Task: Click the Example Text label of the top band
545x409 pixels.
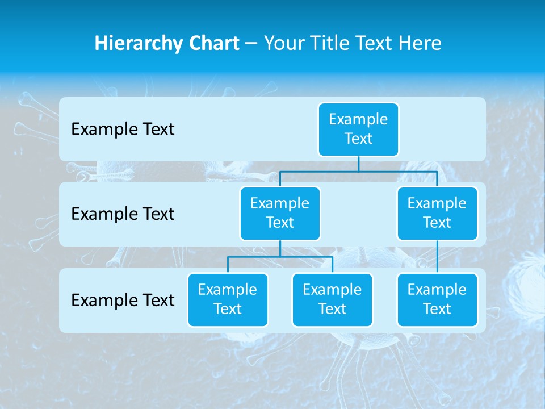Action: [x=123, y=129]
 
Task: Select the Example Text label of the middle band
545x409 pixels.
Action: [x=123, y=214]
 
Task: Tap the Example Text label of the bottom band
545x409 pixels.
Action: [x=123, y=300]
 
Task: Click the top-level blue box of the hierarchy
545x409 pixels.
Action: [x=358, y=129]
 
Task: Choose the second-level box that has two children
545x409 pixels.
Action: [x=280, y=213]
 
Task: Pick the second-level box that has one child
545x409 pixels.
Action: [x=437, y=213]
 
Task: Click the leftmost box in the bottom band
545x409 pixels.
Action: [x=228, y=299]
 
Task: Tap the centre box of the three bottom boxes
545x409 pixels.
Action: [x=332, y=299]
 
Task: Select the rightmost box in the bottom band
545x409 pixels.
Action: [x=437, y=299]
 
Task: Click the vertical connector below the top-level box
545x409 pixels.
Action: [x=358, y=164]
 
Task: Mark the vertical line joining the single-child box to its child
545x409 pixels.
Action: [x=437, y=257]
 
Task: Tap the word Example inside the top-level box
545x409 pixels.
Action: [x=358, y=119]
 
